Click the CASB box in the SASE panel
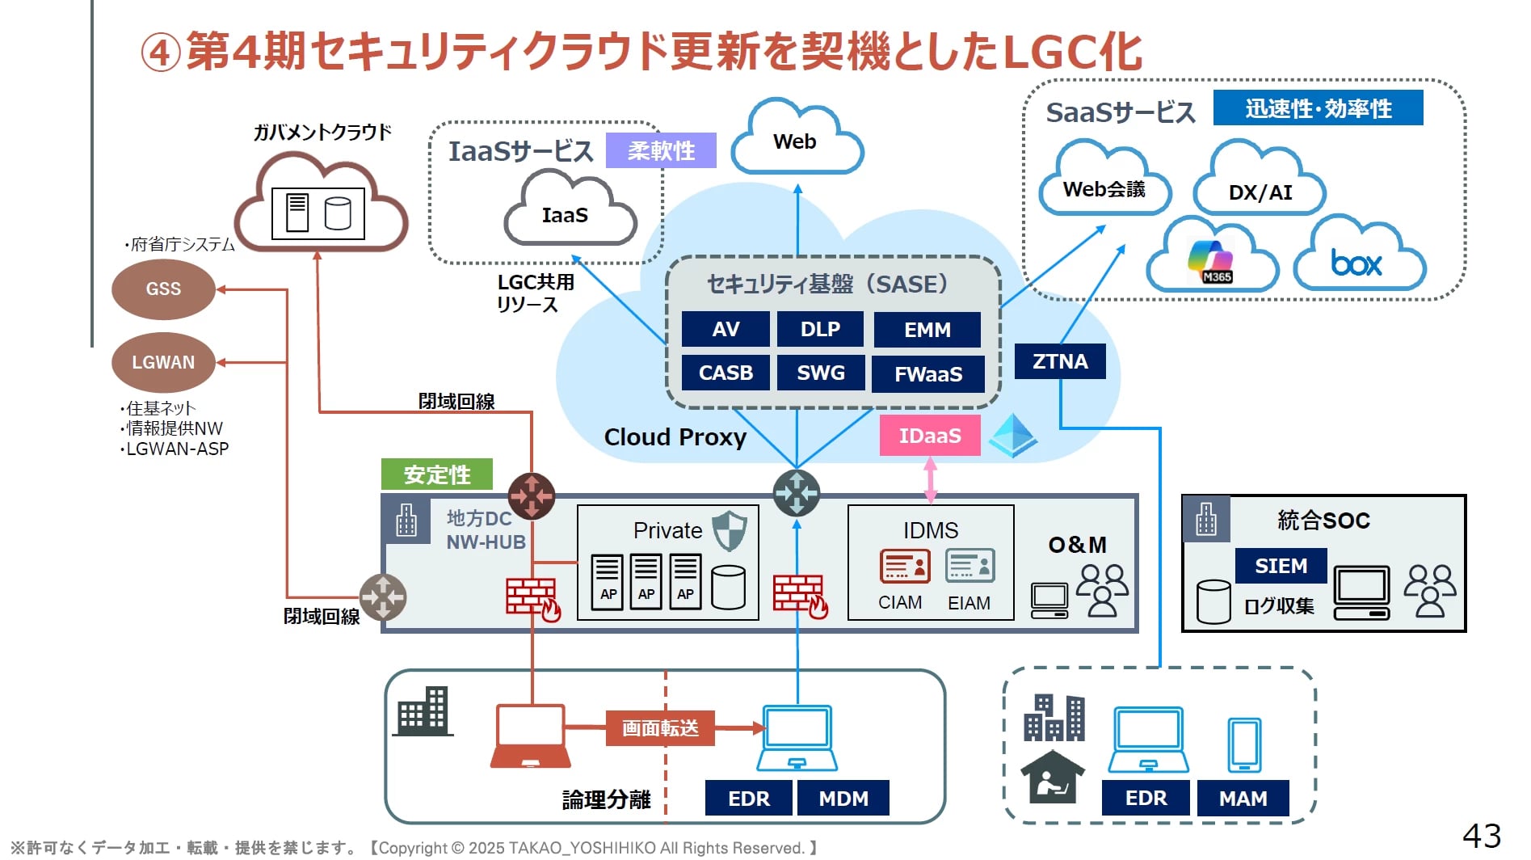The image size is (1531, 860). click(x=726, y=373)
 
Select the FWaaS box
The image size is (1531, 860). click(x=928, y=374)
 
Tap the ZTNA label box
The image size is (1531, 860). click(x=1060, y=361)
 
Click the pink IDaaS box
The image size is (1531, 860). click(x=930, y=436)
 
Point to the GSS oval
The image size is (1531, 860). click(x=163, y=289)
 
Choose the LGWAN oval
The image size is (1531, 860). click(x=163, y=362)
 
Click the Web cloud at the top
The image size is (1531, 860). click(x=796, y=142)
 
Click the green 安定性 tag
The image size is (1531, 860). click(x=437, y=474)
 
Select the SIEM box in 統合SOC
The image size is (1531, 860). click(x=1281, y=566)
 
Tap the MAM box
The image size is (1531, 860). click(x=1243, y=799)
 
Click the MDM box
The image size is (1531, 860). click(x=843, y=799)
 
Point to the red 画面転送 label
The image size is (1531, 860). click(x=660, y=728)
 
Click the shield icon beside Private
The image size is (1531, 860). click(x=730, y=530)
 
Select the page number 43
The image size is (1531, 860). click(x=1482, y=836)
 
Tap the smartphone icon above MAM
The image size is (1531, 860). click(x=1244, y=744)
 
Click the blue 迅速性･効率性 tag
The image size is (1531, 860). click(x=1318, y=108)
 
